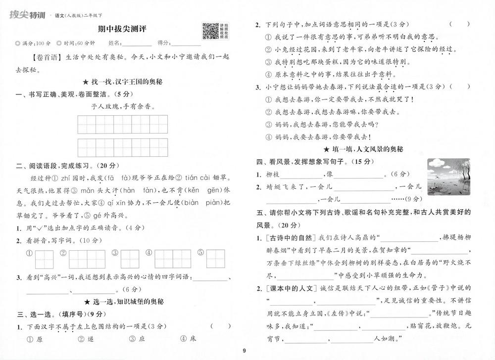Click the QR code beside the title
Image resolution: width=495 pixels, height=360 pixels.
210,32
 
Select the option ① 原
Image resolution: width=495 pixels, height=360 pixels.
34,339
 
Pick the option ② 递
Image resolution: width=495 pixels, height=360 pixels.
85,339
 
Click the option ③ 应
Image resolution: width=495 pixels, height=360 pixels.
136,339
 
